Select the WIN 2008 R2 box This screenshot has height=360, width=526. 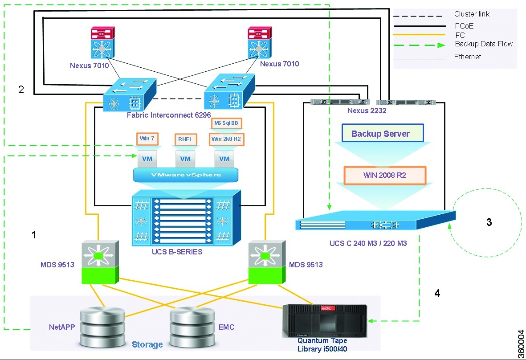point(385,175)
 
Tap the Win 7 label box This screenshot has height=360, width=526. point(147,139)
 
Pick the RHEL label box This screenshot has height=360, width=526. point(185,139)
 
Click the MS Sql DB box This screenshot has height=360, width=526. point(226,123)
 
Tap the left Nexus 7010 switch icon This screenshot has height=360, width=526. point(102,43)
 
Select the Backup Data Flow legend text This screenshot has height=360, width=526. point(484,44)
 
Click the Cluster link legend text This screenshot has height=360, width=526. point(472,14)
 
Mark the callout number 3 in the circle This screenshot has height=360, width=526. point(489,222)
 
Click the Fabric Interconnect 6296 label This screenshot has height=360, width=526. point(168,115)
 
